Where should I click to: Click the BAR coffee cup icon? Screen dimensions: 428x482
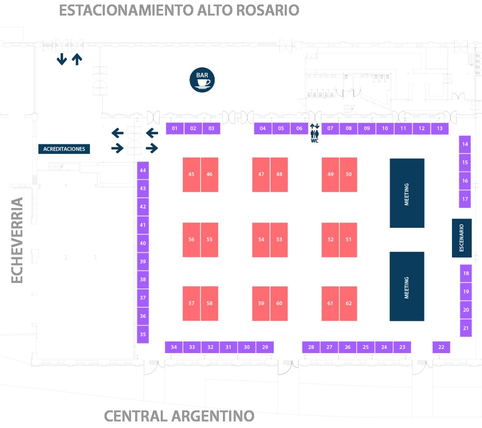click(202, 80)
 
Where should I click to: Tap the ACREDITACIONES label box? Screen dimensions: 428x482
click(64, 149)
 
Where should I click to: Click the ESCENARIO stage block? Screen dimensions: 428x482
click(462, 238)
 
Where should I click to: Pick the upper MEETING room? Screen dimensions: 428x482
click(407, 193)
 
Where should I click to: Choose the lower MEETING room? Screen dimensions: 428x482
click(407, 286)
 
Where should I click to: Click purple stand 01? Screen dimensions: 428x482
click(175, 128)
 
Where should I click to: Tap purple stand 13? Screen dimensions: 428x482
click(440, 128)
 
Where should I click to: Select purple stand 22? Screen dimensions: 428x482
click(441, 347)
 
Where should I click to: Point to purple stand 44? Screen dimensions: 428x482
click(143, 170)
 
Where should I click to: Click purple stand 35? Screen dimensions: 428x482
click(143, 334)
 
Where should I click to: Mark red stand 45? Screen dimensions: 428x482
click(191, 174)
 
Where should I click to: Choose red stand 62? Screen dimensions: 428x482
click(348, 303)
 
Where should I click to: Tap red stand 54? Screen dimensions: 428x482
click(261, 240)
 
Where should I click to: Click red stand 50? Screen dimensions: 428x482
click(348, 174)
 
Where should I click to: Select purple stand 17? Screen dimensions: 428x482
click(465, 199)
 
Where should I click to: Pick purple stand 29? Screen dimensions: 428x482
click(265, 347)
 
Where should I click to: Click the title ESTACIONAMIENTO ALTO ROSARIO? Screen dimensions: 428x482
click(179, 10)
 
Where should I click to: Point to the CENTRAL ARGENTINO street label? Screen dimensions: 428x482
click(179, 416)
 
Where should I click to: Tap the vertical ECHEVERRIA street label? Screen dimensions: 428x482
click(17, 240)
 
